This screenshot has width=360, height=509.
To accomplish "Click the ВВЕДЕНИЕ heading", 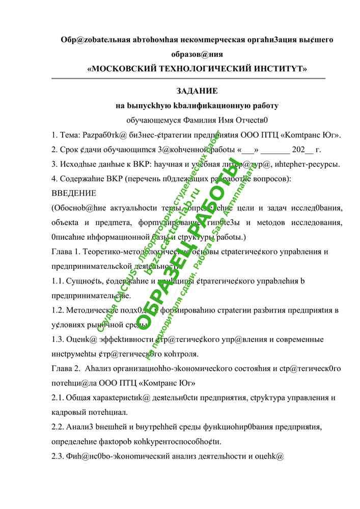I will point(73,193).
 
